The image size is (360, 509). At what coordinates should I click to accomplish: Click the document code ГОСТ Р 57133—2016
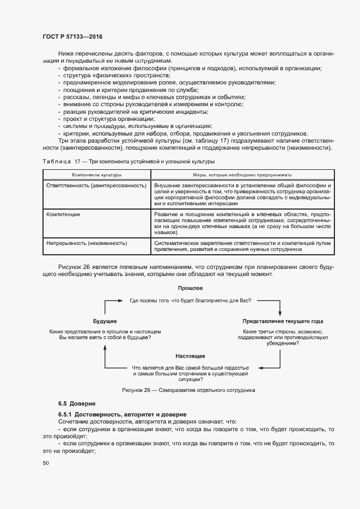[x=72, y=36]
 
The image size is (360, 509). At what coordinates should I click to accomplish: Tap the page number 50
[x=46, y=463]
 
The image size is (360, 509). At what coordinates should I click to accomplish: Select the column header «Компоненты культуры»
[x=96, y=175]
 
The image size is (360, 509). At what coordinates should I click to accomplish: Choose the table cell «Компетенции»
[x=63, y=214]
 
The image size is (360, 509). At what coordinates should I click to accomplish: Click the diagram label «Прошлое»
[x=190, y=287]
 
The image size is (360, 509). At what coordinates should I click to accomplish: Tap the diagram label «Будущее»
[x=105, y=321]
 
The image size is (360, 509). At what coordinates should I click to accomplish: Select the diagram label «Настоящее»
[x=190, y=355]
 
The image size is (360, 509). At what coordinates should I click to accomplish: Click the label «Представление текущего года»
[x=283, y=321]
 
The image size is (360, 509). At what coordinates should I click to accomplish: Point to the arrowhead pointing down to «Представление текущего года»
[x=280, y=314]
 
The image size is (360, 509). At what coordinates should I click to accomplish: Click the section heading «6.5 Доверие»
[x=77, y=403]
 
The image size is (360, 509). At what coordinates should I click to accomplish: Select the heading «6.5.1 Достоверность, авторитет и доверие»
[x=115, y=414]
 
